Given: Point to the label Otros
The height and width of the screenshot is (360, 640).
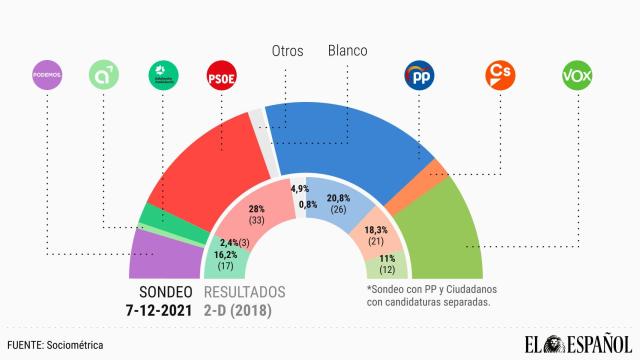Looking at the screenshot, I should pos(289,49).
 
